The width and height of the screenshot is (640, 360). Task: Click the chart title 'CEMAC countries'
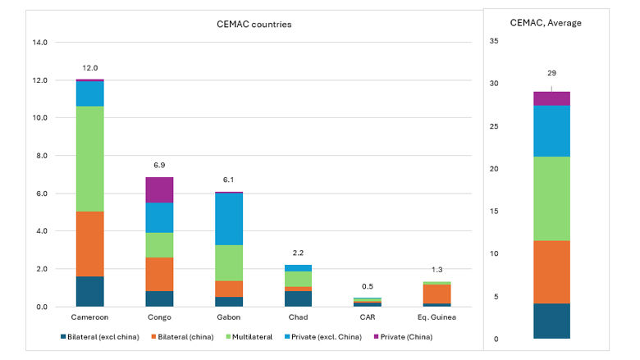[x=248, y=24]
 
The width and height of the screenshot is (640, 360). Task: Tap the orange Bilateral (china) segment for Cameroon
[x=90, y=244]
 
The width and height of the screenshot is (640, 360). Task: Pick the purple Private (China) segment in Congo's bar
[x=159, y=189]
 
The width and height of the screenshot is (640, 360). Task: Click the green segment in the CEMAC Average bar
[x=551, y=198]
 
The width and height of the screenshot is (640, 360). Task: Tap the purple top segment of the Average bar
[x=551, y=98]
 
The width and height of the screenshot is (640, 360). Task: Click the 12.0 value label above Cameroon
[x=90, y=68]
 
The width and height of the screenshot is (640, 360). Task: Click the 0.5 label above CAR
[x=367, y=286]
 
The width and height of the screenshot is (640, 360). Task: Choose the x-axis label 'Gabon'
[x=229, y=317]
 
